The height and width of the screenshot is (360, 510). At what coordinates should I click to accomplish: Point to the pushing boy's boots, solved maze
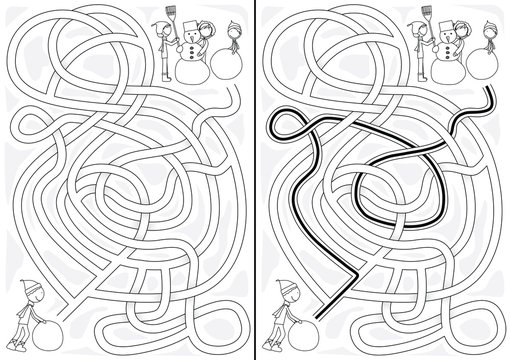point(273,344)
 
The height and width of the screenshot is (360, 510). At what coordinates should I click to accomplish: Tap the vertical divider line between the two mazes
point(256,180)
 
